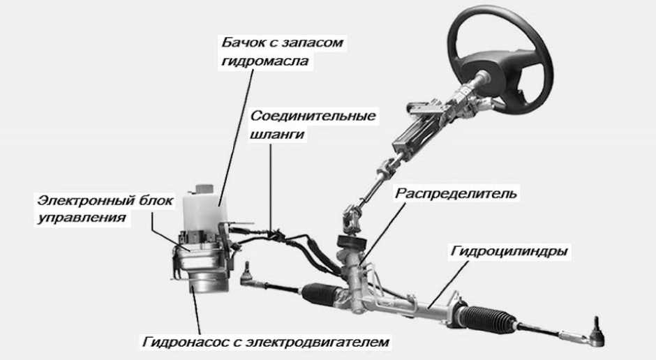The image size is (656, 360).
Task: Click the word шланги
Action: pos(277,134)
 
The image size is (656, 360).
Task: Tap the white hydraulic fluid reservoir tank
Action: pos(203,206)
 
